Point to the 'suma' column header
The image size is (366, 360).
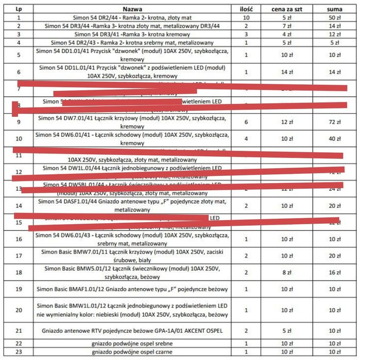(x=335, y=9)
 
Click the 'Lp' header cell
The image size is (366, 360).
(x=19, y=9)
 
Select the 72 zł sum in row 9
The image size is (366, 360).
(x=335, y=122)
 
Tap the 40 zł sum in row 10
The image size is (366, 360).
(x=335, y=139)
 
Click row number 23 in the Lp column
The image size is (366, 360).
(x=19, y=352)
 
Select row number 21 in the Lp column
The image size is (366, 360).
(x=19, y=330)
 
